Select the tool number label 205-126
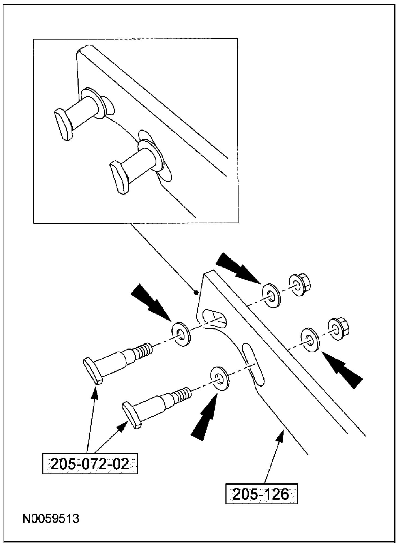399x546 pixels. click(261, 493)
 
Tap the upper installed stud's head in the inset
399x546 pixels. click(63, 124)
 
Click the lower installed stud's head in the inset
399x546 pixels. click(119, 177)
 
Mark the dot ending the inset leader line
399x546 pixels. click(196, 293)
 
